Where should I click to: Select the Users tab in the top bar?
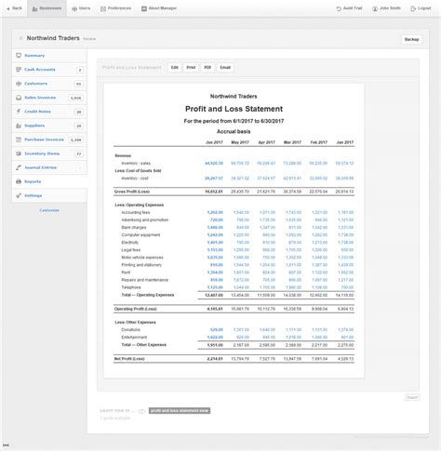click(82, 7)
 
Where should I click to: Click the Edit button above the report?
click(174, 68)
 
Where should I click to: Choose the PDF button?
click(207, 68)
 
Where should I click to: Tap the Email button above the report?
click(225, 68)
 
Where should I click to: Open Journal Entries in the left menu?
click(40, 166)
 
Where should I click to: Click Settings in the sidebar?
click(33, 195)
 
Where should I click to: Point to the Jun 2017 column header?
click(213, 143)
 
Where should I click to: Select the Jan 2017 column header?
click(344, 143)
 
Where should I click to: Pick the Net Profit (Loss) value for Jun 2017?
click(214, 357)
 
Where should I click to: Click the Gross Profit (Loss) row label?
click(132, 190)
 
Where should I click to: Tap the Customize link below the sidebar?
click(49, 209)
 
